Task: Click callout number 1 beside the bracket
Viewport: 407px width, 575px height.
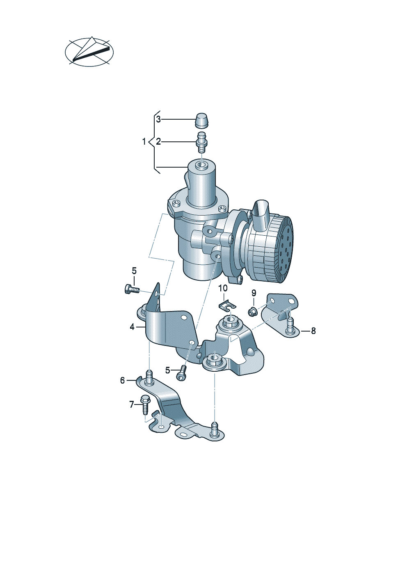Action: pos(144,141)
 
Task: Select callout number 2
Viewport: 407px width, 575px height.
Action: pos(158,141)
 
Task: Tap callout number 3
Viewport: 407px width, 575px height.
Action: pos(158,119)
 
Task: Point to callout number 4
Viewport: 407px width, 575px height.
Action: pos(132,327)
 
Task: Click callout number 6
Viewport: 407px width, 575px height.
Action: pos(122,380)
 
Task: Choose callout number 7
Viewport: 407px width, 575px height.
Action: pos(132,405)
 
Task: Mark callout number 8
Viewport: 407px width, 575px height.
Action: pos(313,331)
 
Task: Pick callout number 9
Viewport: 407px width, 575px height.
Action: pos(254,293)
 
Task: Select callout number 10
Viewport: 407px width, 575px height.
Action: pos(223,288)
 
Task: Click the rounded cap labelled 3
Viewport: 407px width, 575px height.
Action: pos(202,120)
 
